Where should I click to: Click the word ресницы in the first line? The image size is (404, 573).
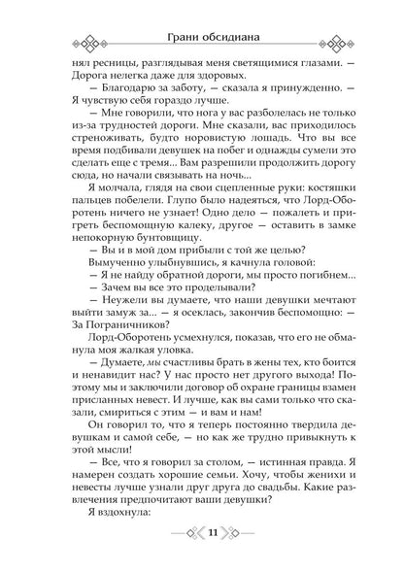point(108,61)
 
